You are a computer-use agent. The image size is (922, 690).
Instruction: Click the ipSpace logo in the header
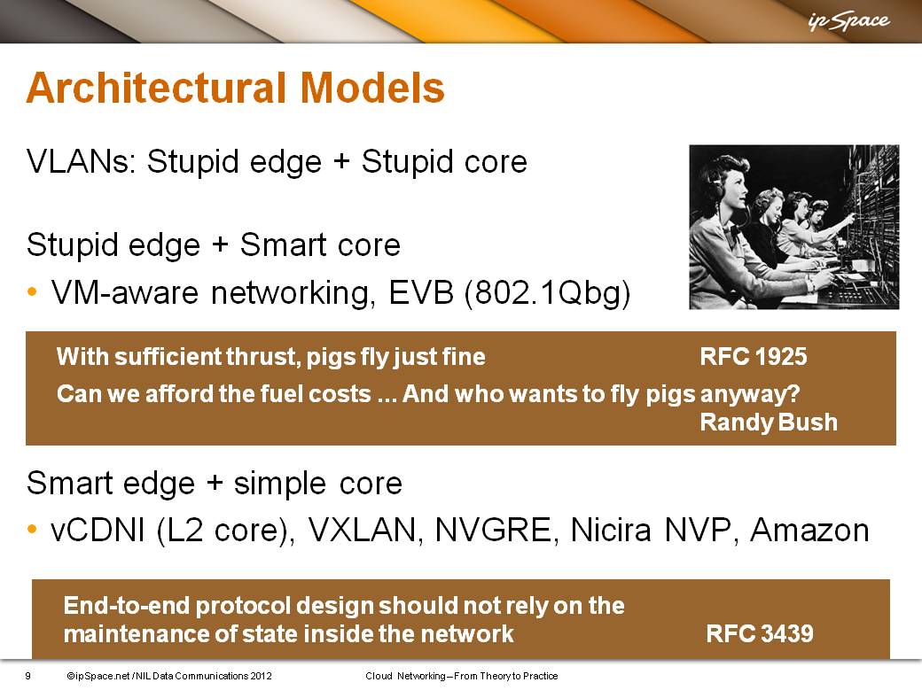[x=849, y=22]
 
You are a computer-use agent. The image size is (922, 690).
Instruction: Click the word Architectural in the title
[x=156, y=88]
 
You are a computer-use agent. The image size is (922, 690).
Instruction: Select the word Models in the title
[x=372, y=88]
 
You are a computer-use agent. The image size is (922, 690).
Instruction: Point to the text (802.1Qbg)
[x=548, y=292]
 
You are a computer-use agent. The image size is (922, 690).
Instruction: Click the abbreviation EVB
[x=422, y=292]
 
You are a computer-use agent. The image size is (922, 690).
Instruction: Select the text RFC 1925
[x=754, y=357]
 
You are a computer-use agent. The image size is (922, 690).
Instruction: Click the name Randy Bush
[x=769, y=422]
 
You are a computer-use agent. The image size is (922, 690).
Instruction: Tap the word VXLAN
[x=365, y=530]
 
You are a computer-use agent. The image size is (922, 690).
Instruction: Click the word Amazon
[x=809, y=530]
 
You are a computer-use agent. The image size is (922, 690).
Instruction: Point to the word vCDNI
[x=98, y=530]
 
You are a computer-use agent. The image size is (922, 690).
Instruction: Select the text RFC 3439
[x=760, y=633]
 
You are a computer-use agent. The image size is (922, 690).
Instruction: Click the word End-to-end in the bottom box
[x=127, y=605]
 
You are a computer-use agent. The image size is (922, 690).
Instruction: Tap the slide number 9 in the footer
[x=27, y=676]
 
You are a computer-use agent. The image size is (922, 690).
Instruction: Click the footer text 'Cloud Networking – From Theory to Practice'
[x=462, y=676]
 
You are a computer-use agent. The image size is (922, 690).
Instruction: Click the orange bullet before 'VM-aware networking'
[x=32, y=291]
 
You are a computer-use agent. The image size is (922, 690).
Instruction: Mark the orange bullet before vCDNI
[x=32, y=530]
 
